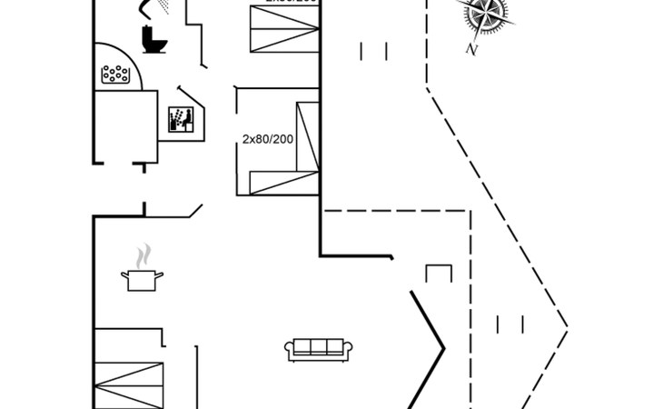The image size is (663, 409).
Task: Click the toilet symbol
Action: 153,40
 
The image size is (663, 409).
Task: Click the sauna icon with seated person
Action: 182,120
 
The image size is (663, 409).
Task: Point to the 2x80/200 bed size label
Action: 267,139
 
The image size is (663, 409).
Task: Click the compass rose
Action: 481,15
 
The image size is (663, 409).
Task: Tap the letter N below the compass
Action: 470,50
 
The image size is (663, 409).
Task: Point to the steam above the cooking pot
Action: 142,255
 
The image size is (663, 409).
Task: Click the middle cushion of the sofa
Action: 319,346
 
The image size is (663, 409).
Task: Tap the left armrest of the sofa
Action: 290,350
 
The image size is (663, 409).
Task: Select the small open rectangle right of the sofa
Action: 440,274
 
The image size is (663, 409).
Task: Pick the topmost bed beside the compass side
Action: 285,27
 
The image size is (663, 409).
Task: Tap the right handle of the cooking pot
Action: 161,274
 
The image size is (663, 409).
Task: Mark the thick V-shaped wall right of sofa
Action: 427,345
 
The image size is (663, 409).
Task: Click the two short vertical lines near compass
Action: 374,51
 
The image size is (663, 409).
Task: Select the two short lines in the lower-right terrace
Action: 510,324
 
